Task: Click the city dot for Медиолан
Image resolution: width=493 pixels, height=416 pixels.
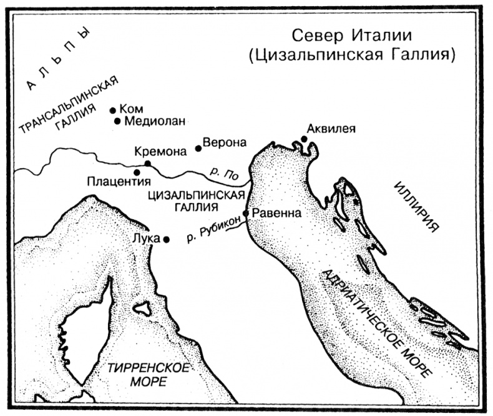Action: coord(117,121)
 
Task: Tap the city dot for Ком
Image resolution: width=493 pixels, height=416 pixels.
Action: coord(113,109)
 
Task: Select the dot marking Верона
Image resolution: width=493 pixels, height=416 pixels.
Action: coord(198,148)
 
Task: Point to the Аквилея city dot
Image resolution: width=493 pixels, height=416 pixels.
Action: coord(304,139)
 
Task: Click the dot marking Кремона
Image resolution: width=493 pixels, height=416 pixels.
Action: coord(148,164)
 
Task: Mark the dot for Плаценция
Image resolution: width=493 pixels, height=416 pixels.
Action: coord(137,172)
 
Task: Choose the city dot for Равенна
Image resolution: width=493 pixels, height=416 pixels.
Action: coord(246,213)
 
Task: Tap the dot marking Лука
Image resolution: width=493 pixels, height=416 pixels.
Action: coord(166,239)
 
